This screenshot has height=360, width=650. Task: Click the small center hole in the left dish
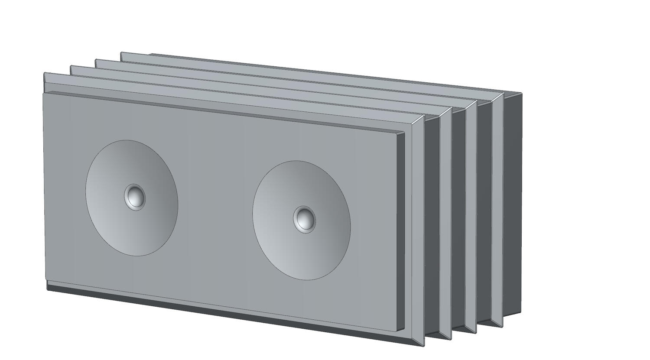point(135,197)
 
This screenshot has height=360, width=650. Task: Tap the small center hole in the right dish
point(304,219)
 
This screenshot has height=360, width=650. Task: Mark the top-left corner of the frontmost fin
point(45,74)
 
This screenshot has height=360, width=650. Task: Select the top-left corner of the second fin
point(71,66)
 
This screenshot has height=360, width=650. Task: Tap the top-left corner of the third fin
point(96,60)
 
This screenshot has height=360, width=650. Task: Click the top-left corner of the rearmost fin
point(121,53)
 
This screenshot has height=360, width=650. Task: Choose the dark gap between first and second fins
point(432,225)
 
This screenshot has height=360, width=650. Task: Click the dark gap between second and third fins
point(458,217)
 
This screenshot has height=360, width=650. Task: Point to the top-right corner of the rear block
point(522,93)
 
